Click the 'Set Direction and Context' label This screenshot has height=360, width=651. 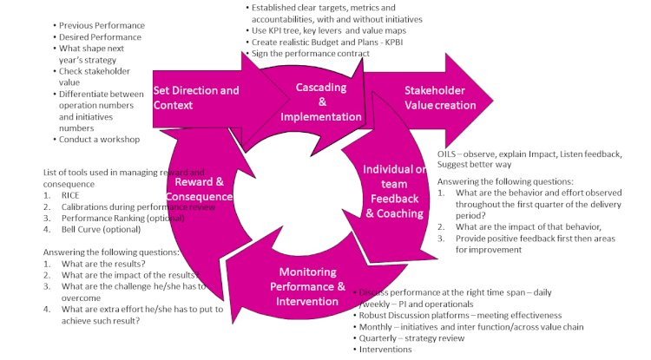(x=196, y=97)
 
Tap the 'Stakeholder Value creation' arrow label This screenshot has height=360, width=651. (x=440, y=98)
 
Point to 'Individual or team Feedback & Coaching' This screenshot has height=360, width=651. (x=393, y=191)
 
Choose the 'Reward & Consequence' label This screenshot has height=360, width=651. (x=202, y=189)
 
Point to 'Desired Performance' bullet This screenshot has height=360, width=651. (x=99, y=38)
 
